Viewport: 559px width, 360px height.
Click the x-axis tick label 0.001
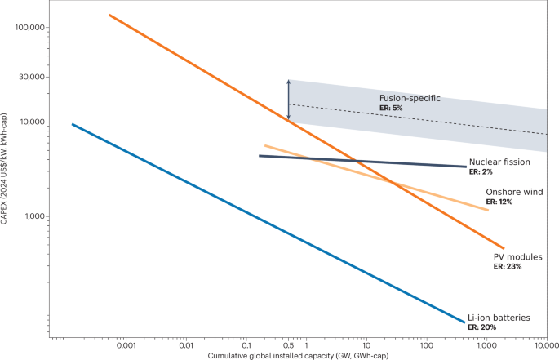(x=126, y=347)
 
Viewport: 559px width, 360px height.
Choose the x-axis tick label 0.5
(x=288, y=347)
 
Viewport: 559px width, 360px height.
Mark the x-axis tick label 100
(x=426, y=347)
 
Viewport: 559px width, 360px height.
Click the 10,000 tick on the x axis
(x=546, y=347)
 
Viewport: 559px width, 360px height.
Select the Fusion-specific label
(x=410, y=98)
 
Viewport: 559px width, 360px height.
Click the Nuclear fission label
(x=499, y=162)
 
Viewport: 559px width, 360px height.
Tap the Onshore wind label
(x=514, y=192)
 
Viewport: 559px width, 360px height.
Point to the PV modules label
(x=517, y=256)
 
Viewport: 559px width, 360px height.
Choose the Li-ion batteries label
(x=499, y=317)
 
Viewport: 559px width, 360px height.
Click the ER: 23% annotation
(x=508, y=266)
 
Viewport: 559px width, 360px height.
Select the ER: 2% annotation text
(x=481, y=172)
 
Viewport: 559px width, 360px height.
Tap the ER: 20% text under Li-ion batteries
(x=481, y=327)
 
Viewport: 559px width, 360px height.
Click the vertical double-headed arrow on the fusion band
(x=288, y=100)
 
